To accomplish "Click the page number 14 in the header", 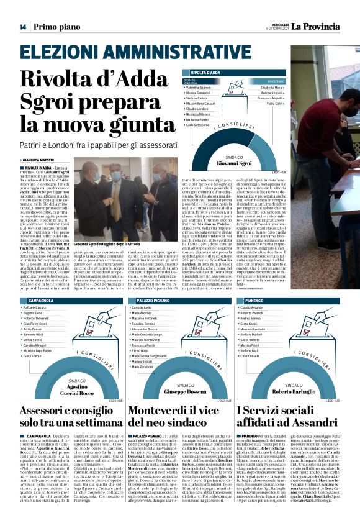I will [x=22, y=26].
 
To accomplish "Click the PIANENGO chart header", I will [x=250, y=300].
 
